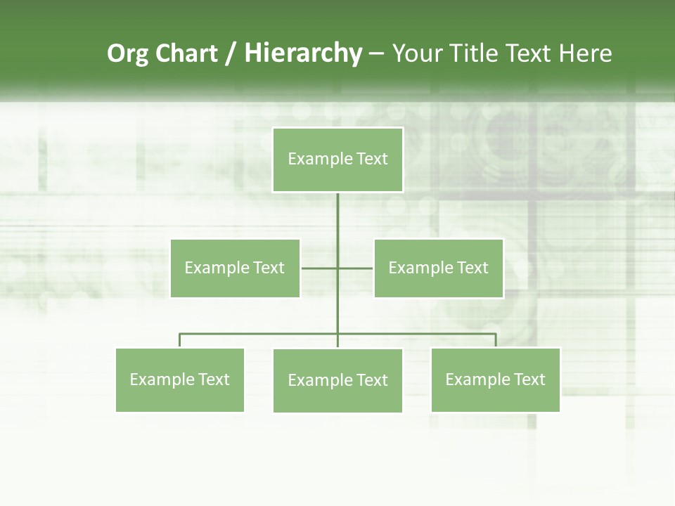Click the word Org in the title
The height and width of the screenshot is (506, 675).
pyautogui.click(x=127, y=53)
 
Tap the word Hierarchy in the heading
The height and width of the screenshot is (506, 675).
pyautogui.click(x=302, y=53)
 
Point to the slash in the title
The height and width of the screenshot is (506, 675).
pyautogui.click(x=231, y=53)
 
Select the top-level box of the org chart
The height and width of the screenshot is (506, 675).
pyautogui.click(x=337, y=160)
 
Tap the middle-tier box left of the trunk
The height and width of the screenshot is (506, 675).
pyautogui.click(x=235, y=268)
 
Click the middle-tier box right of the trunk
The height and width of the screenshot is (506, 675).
pyautogui.click(x=438, y=268)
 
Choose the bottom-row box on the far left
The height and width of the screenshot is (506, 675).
pyautogui.click(x=180, y=379)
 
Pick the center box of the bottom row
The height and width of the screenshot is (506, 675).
pyautogui.click(x=337, y=380)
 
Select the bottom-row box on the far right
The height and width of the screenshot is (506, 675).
pyautogui.click(x=496, y=379)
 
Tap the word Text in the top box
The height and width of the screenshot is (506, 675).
pyautogui.click(x=373, y=159)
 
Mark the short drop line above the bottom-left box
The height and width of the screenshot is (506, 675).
pyautogui.click(x=180, y=340)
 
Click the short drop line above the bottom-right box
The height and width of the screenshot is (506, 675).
pyautogui.click(x=496, y=340)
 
